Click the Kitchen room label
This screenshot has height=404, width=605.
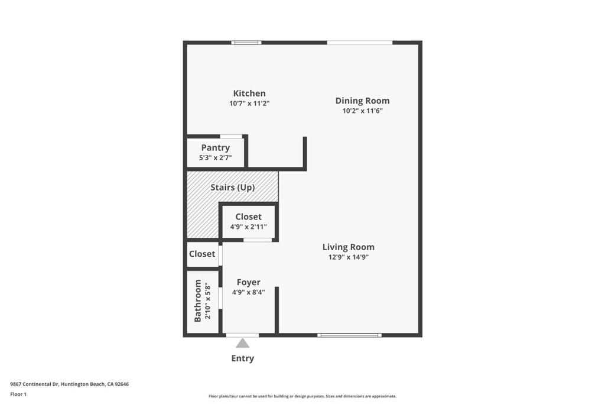pos(249,93)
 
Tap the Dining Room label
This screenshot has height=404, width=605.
pos(362,101)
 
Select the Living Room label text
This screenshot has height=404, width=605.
pos(348,247)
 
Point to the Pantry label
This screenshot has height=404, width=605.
pos(215,148)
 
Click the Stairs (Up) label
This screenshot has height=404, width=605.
pos(233,188)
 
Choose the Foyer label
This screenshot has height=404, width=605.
pos(248,283)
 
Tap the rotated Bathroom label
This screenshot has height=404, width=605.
pos(198,301)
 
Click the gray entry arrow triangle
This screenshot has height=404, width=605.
pos(242,344)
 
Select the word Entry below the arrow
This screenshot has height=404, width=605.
pos(242,358)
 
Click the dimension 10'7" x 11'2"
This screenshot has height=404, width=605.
pos(249,104)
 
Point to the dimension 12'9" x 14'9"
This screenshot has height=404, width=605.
pos(349,257)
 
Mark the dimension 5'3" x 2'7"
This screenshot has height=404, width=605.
pos(215,158)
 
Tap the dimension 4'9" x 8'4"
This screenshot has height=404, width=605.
pos(248,292)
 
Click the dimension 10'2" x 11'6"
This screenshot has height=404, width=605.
pos(363,111)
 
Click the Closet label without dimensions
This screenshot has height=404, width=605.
pos(202,254)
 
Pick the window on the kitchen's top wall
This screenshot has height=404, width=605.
pos(246,43)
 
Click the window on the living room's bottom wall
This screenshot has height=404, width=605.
pos(349,335)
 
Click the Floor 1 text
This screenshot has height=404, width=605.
pos(18,394)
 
